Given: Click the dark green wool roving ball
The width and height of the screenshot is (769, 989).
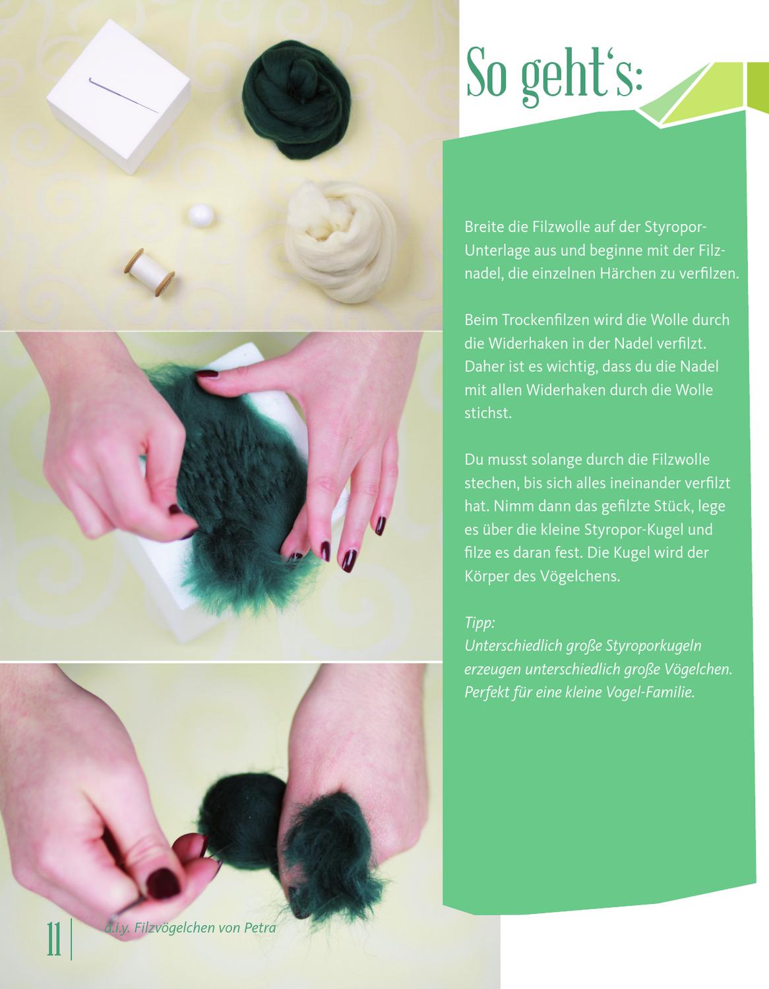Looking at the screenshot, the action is click(297, 99).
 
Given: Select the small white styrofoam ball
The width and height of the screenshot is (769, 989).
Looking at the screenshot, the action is click(200, 215).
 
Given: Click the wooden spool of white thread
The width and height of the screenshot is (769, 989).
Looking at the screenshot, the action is click(149, 272).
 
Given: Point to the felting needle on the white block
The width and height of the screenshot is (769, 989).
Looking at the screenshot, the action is click(123, 95).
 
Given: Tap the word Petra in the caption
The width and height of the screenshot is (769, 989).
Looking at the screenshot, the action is click(260, 928).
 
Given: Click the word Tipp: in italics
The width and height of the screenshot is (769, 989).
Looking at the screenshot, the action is click(479, 622).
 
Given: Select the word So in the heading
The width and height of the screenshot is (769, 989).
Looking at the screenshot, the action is click(487, 73).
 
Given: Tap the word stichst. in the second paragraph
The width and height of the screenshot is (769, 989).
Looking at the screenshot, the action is click(488, 413).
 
